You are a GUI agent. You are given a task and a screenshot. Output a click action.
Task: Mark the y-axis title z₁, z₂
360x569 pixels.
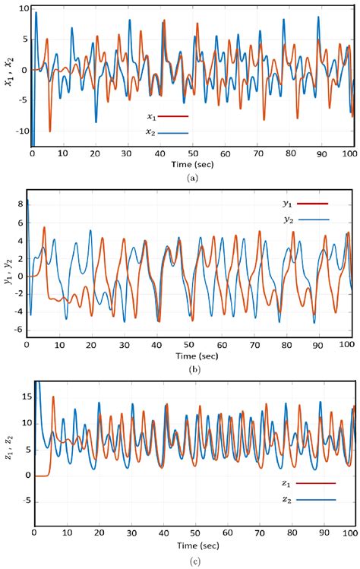pyautogui.click(x=8, y=456)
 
